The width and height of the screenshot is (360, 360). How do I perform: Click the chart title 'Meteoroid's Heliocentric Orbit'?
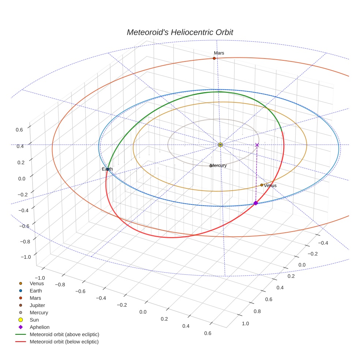pos(180,32)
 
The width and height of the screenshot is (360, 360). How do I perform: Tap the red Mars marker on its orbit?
pos(214,59)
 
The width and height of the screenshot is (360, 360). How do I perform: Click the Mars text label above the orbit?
pos(219,53)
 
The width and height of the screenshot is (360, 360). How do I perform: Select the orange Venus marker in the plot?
pos(262,185)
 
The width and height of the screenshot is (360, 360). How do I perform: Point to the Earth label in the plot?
pos(108,169)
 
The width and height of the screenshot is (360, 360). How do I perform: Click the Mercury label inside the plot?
pos(218,165)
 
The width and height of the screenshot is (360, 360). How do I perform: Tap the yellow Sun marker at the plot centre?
pos(220,145)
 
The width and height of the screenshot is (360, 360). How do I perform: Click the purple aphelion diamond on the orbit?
pos(256,203)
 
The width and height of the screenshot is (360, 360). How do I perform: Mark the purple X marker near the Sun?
pos(257,145)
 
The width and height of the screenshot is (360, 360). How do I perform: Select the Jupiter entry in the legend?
pos(37,305)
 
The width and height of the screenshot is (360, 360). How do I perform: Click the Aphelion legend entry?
pos(39,327)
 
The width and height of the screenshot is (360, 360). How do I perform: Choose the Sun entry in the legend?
pos(34,320)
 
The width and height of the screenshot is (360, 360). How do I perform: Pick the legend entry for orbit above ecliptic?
pos(64,334)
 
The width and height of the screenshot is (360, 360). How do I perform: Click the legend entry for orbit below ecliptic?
pos(64,342)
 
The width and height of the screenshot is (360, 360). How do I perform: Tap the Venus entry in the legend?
pos(37,283)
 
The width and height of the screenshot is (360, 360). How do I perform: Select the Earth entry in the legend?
pos(35,290)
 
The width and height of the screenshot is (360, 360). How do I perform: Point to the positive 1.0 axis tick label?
pos(245,323)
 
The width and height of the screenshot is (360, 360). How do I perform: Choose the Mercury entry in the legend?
pos(39,312)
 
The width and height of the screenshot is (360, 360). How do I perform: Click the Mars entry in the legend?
pos(35,298)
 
